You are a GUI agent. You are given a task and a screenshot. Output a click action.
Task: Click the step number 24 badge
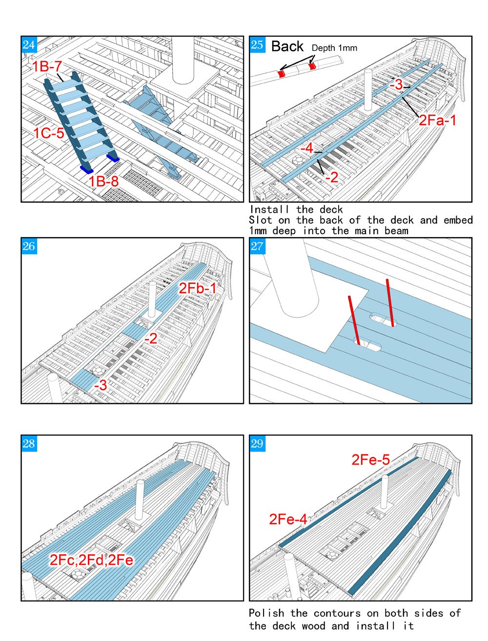29,45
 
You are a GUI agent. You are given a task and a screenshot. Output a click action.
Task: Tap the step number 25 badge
257,45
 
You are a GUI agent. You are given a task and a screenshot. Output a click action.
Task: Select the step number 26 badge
29,246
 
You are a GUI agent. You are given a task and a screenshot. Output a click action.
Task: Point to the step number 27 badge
257,246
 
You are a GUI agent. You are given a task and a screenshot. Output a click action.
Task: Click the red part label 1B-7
48,66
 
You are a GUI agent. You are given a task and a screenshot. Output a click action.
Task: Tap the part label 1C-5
49,133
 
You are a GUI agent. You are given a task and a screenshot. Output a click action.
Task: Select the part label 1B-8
103,181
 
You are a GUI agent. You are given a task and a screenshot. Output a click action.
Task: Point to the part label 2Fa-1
437,120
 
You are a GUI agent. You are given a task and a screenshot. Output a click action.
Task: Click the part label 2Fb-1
197,288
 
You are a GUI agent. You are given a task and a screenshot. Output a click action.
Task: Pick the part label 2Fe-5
371,460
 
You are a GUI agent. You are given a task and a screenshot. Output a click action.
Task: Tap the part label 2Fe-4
288,520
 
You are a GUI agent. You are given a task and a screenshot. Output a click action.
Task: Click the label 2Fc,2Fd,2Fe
91,560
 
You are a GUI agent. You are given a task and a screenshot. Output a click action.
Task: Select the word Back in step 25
287,46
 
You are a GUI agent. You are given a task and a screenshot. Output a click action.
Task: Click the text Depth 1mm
334,48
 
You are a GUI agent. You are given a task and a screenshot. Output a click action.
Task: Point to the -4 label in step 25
307,148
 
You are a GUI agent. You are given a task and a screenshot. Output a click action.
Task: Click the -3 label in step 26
101,385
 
